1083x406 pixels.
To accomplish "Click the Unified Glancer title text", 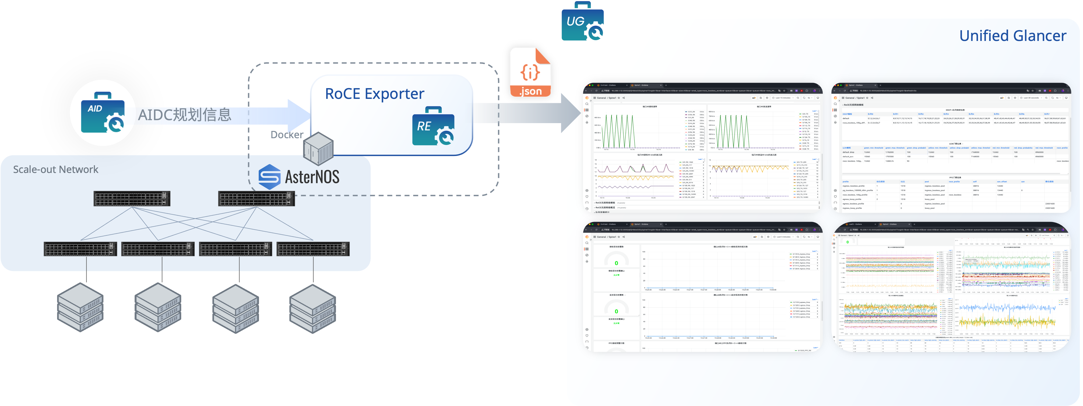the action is pyautogui.click(x=1012, y=36).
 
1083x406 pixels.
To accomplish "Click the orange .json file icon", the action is pyautogui.click(x=530, y=73).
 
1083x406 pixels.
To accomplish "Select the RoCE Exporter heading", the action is pyautogui.click(x=374, y=93).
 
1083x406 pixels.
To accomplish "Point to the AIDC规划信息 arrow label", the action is pyautogui.click(x=185, y=114).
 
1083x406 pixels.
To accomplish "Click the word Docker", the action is pyautogui.click(x=287, y=135).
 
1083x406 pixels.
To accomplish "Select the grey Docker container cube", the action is pyautogui.click(x=319, y=148).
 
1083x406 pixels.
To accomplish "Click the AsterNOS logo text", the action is pyautogui.click(x=312, y=177).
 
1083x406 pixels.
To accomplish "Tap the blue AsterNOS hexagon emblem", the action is pyautogui.click(x=269, y=177).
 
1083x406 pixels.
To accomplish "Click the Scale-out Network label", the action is pyautogui.click(x=55, y=169).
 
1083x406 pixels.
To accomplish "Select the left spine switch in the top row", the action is pyautogui.click(x=132, y=199).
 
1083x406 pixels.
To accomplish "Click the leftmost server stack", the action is pyautogui.click(x=80, y=307).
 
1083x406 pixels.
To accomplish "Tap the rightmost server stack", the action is pyautogui.click(x=313, y=308).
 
